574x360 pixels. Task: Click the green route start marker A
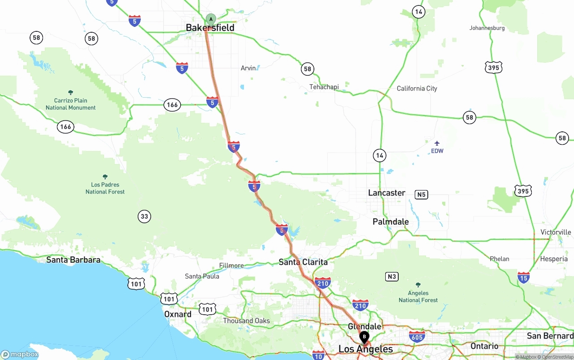[x=211, y=19]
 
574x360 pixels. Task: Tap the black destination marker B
[x=364, y=336]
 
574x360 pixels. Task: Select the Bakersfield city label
[x=210, y=28]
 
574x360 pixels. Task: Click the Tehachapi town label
[x=324, y=87]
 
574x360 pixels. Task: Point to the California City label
[x=417, y=88]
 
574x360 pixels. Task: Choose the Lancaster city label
[x=387, y=193]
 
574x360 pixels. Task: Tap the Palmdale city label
[x=391, y=221]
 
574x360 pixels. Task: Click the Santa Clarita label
[x=303, y=262]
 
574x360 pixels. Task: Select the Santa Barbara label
[x=73, y=260]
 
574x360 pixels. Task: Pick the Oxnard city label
[x=178, y=314]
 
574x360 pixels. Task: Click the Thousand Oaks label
[x=247, y=321]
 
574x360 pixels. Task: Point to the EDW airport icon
[x=437, y=143]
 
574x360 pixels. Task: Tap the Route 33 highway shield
[x=144, y=217]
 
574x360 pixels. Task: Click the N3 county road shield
[x=392, y=277]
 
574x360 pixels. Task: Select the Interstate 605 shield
[x=417, y=336]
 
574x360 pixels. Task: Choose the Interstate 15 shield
[x=523, y=277]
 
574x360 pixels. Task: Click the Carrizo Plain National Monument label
[x=70, y=104]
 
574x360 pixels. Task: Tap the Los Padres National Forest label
[x=105, y=188]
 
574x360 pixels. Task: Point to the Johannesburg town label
[x=487, y=28]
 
